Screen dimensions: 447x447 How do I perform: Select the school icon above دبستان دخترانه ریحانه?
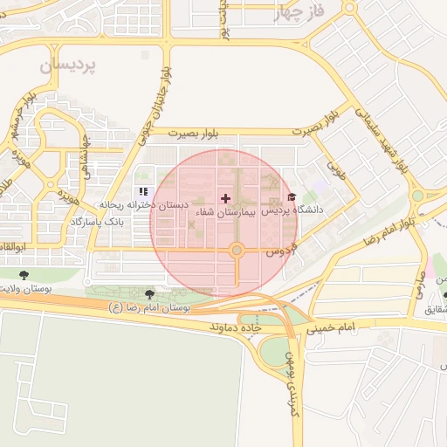(x=143, y=191)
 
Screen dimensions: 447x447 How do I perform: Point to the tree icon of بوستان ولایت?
(x=23, y=276)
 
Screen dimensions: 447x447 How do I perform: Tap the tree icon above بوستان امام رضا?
(x=150, y=294)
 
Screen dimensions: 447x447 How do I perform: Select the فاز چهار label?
(x=299, y=12)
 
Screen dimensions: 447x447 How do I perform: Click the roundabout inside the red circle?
(x=237, y=251)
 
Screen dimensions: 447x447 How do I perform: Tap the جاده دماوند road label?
(x=237, y=326)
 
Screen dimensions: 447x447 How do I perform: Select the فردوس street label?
(x=277, y=250)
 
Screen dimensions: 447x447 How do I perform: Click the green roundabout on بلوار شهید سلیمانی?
(x=417, y=195)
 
